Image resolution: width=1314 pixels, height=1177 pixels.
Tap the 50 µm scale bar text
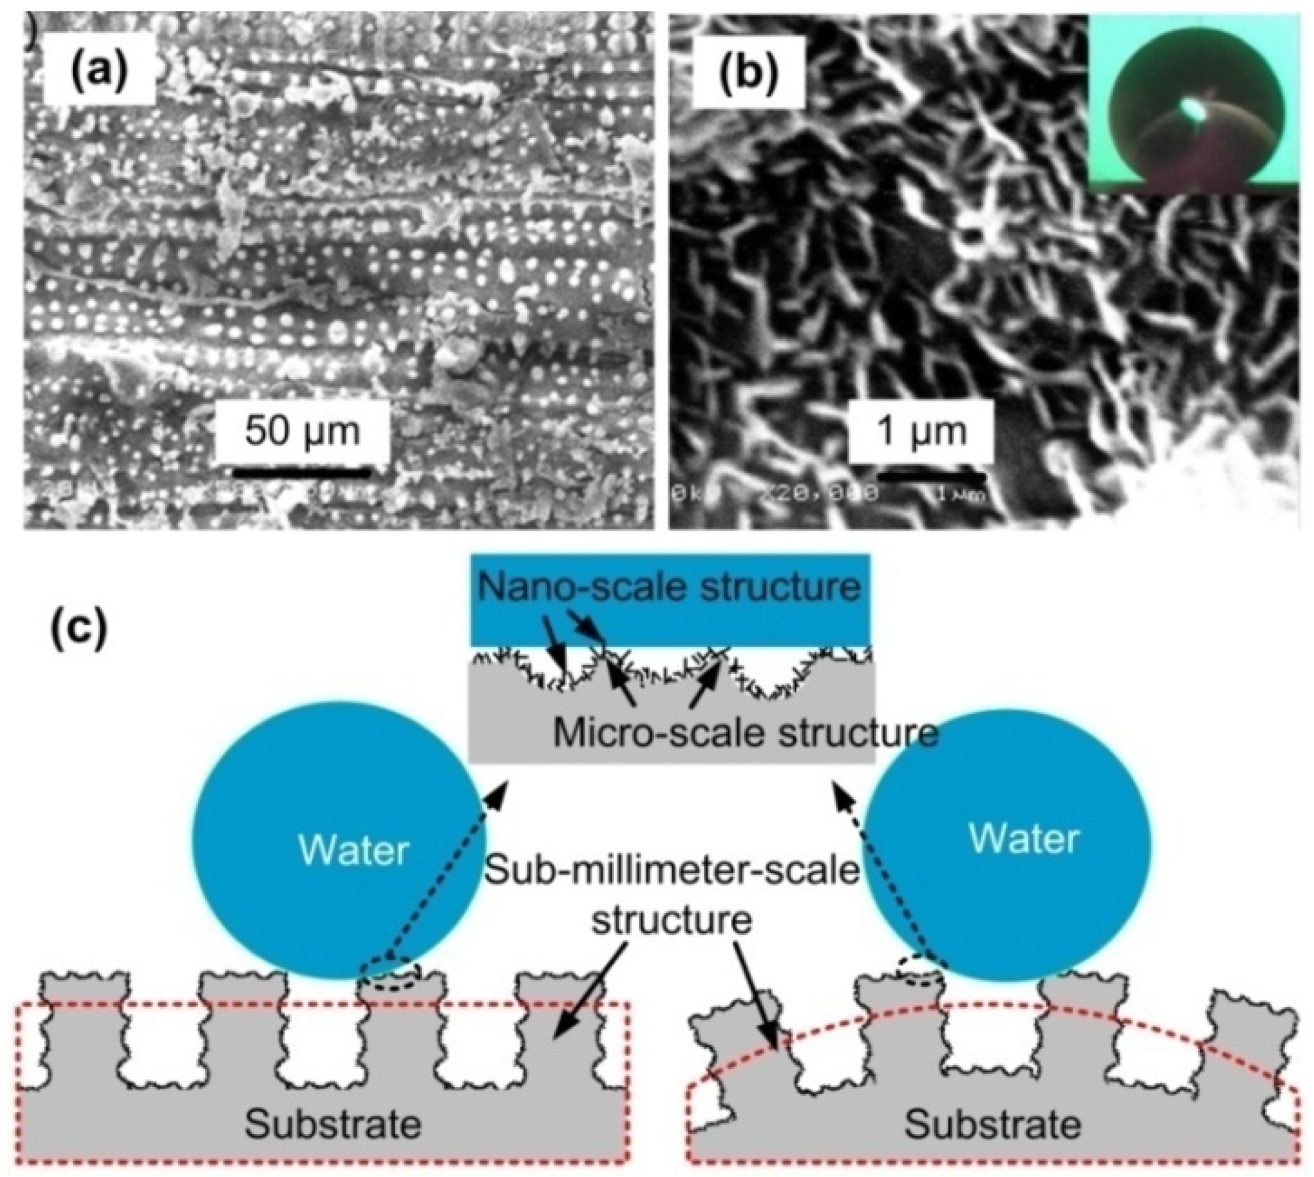click(x=302, y=432)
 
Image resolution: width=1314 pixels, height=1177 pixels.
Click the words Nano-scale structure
click(x=670, y=586)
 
